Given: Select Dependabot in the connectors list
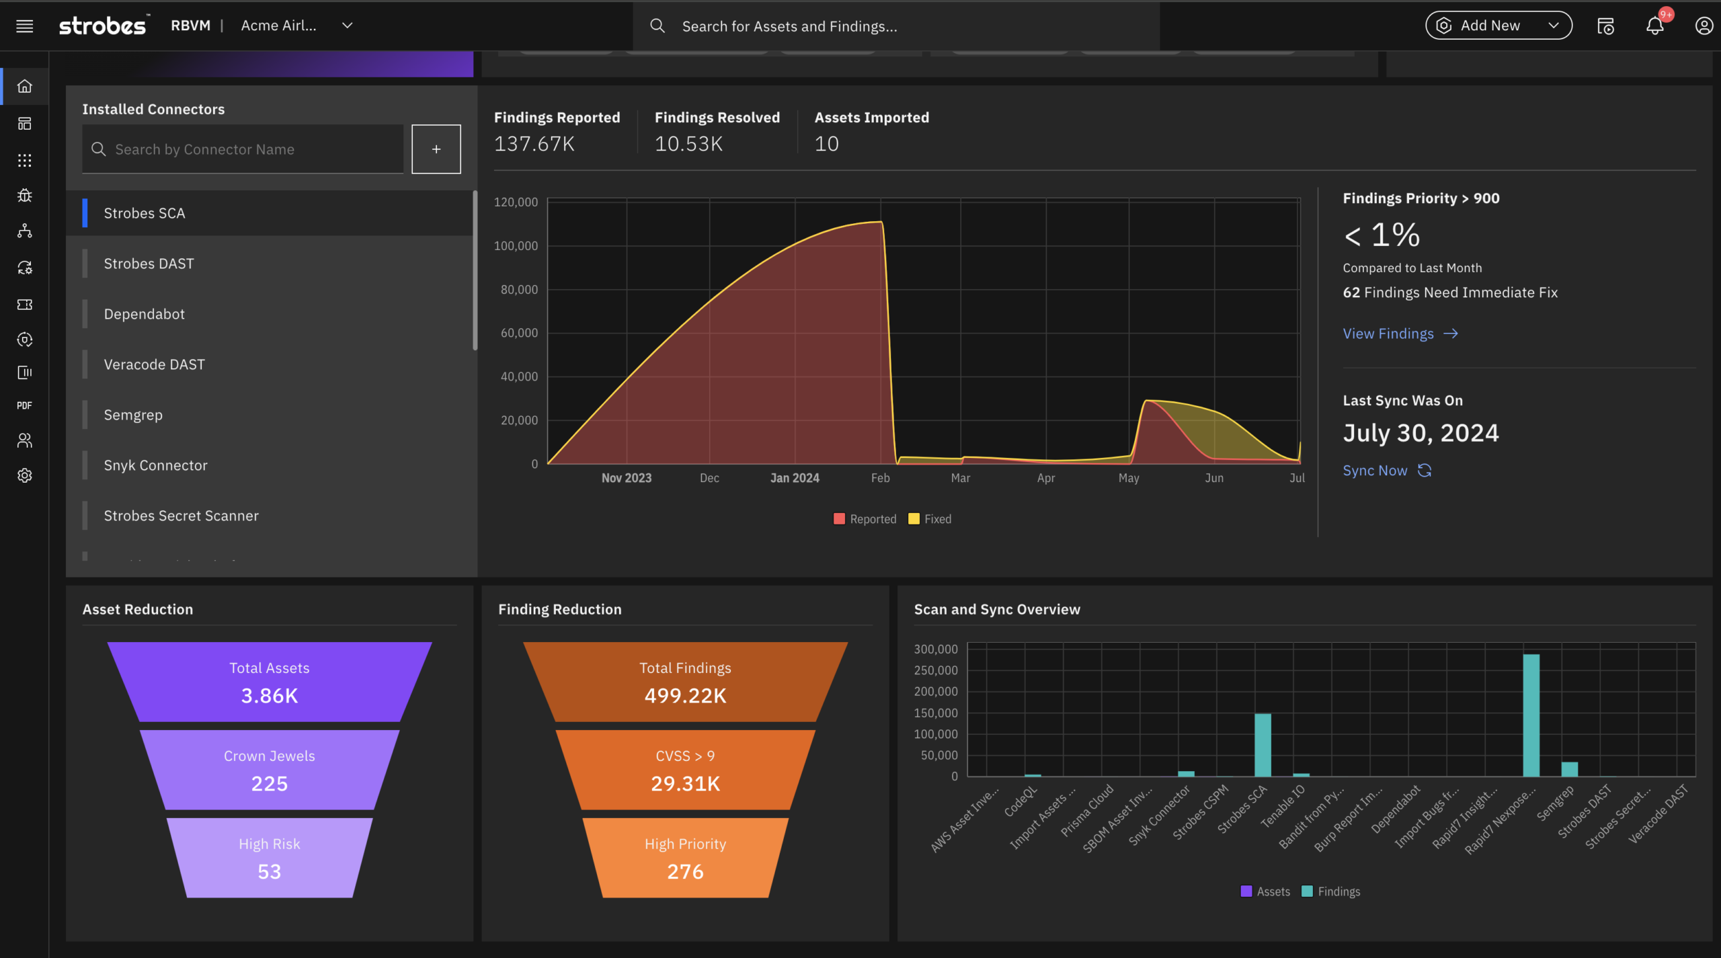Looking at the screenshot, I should pos(144,314).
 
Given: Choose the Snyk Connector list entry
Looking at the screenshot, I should pos(155,465).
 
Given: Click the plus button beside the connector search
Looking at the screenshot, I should pos(436,149).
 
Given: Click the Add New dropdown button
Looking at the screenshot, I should pos(1498,26).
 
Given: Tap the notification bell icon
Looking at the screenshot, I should pos(1654,26).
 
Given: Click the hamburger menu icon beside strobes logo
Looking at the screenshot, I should pos(25,26).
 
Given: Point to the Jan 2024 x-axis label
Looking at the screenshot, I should pos(794,478).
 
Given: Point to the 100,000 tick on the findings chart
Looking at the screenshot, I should pos(516,246).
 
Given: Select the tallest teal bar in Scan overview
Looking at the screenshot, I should pos(1531,715).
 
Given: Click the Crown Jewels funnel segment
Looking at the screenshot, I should pos(269,770).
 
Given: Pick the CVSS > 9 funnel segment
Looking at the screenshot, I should pos(685,770).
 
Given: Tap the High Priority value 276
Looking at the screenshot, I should pos(685,872).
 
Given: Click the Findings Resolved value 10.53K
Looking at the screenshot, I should pos(688,144).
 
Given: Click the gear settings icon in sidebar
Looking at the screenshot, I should pos(25,475).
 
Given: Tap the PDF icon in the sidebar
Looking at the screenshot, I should pos(25,405).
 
